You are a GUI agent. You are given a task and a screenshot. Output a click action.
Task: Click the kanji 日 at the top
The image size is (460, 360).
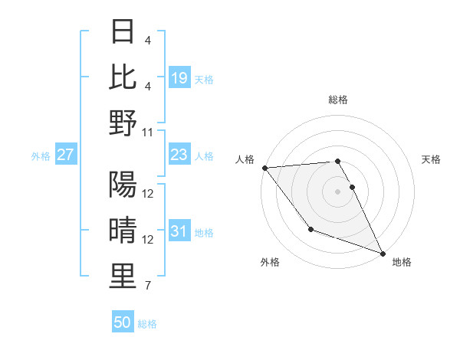123,31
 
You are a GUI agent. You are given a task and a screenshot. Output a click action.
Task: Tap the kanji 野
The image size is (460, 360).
123,123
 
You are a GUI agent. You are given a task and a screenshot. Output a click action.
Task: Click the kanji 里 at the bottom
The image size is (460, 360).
123,277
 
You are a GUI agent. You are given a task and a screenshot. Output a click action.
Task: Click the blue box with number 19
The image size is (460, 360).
179,77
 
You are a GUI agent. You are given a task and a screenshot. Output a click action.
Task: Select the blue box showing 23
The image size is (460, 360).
179,155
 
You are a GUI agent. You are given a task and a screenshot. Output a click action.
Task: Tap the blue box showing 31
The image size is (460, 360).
179,231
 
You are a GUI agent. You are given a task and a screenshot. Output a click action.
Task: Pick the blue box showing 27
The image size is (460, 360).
65,155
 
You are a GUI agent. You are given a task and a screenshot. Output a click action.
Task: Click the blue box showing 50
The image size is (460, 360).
123,322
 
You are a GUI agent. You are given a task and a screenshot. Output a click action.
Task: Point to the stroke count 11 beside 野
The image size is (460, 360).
148,132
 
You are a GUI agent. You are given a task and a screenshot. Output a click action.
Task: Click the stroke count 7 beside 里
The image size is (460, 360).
148,286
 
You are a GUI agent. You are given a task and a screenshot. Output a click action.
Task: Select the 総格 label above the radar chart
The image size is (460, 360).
338,100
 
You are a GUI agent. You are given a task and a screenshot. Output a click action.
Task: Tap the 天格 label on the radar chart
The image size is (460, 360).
431,159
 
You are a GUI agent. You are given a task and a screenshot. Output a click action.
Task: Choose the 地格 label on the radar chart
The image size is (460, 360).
402,262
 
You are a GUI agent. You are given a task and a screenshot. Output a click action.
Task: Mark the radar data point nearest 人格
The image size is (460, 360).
264,168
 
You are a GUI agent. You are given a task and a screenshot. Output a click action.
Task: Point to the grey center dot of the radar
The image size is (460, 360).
338,191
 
